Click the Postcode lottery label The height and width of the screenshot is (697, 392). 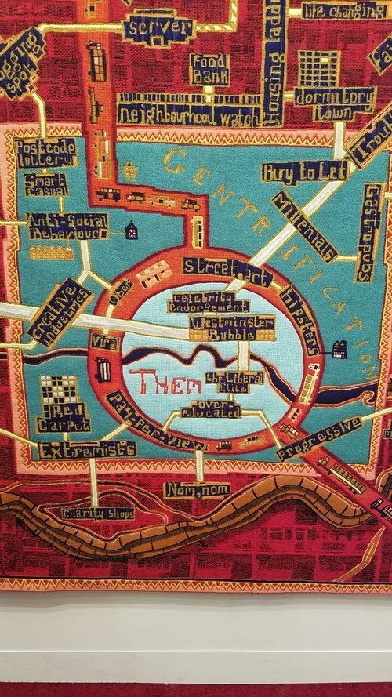point(47,152)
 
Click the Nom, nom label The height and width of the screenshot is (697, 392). point(190,491)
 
